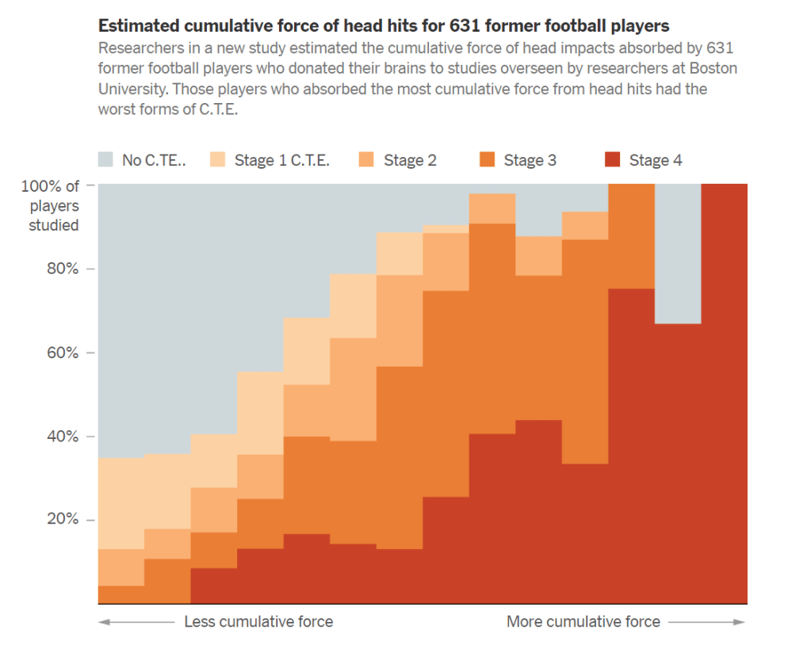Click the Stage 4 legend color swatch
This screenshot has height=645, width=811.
pos(611,160)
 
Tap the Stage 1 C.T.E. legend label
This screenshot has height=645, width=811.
pos(281,160)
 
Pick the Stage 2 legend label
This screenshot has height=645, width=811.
pos(410,160)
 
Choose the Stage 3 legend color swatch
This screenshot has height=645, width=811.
pos(488,160)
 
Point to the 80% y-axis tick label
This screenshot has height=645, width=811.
pos(62,269)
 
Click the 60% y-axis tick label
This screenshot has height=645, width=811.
pos(62,353)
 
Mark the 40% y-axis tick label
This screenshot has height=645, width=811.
pos(62,437)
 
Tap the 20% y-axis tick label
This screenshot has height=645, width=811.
pos(62,520)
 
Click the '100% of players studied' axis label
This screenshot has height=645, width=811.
pos(53,205)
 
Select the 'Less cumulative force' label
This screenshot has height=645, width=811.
pos(258,622)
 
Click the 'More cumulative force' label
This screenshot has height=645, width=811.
pos(583,622)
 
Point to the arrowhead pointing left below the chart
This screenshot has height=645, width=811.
pos(102,622)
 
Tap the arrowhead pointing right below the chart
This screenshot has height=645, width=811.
pos(740,622)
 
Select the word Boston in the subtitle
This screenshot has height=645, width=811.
pos(713,68)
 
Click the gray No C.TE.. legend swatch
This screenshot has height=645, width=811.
pos(106,160)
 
